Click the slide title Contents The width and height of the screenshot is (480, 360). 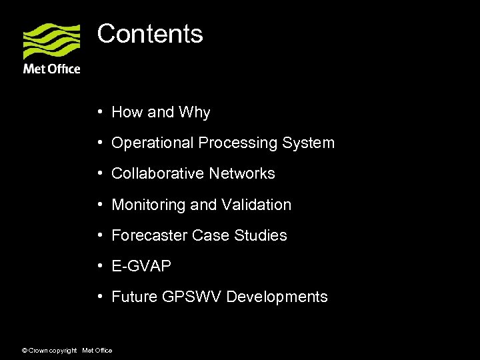[150, 33]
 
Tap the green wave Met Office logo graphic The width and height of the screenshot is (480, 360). [51, 41]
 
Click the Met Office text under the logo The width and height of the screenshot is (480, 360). [51, 69]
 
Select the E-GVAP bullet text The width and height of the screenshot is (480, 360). [141, 266]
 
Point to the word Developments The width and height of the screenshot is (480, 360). [277, 297]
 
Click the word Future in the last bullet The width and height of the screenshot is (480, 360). [135, 297]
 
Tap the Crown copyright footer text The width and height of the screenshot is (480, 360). [51, 351]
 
